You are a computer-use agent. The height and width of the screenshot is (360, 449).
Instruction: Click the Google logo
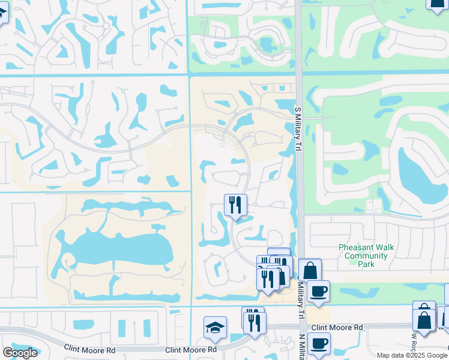(x=20, y=353)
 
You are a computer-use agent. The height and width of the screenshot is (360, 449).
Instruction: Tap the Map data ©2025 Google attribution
(x=412, y=355)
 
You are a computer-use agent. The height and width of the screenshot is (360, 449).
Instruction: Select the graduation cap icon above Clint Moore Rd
(x=215, y=328)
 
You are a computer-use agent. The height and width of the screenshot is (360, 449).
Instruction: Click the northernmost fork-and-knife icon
(x=235, y=205)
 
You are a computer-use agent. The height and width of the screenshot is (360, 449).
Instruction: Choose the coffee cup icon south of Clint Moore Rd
(x=319, y=344)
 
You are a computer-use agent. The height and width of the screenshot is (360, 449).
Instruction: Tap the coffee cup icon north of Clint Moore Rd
(x=318, y=292)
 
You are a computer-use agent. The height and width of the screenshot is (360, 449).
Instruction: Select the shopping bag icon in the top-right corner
(x=437, y=3)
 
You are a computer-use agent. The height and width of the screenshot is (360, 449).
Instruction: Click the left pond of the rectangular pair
(x=122, y=328)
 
